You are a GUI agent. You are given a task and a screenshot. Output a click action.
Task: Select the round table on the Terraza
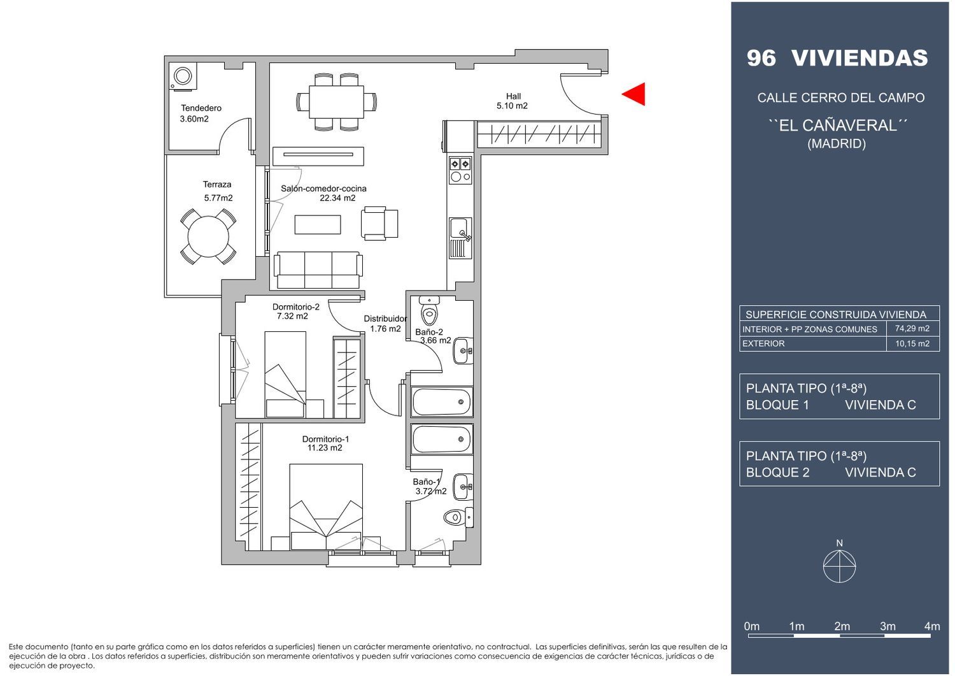(208, 236)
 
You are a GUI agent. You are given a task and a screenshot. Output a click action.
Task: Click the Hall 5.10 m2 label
(513, 101)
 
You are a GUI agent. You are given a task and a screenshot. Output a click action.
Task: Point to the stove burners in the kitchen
(460, 170)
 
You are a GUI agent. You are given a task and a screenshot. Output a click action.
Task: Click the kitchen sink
(460, 238)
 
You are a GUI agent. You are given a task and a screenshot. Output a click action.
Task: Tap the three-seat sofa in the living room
(318, 270)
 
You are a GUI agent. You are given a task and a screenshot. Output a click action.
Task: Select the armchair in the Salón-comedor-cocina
(379, 223)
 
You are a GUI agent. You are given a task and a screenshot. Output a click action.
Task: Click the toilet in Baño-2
(429, 310)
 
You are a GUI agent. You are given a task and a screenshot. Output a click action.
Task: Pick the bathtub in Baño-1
(442, 439)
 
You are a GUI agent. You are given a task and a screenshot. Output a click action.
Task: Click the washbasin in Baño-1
(463, 487)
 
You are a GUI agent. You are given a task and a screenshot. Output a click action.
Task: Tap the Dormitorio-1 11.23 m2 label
(325, 443)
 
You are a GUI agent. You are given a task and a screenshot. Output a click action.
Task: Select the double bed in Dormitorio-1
(326, 507)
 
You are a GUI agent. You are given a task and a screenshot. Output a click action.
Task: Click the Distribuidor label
(385, 319)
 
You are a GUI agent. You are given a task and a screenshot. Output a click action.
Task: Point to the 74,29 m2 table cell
(912, 329)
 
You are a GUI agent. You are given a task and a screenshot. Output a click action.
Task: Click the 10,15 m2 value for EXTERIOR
(912, 343)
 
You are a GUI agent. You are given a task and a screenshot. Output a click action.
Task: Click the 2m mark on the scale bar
(842, 626)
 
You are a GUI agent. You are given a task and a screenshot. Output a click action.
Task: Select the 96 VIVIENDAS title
(837, 58)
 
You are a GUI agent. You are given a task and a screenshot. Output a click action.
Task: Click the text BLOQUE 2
(777, 472)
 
